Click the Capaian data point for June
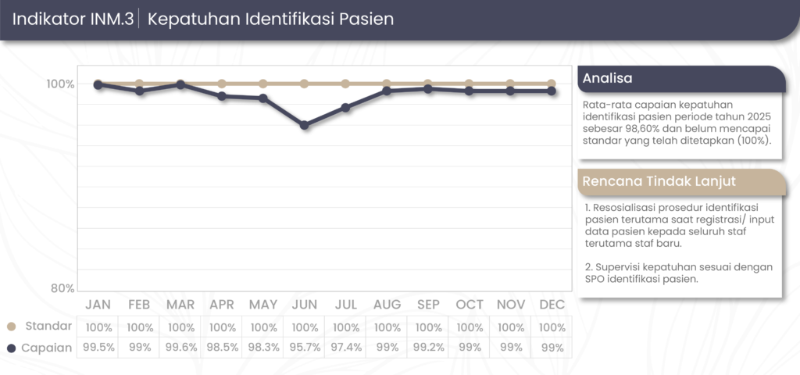point(305,125)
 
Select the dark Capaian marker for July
point(345,108)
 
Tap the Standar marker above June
point(305,84)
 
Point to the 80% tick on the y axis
point(62,288)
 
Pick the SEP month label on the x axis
point(428,304)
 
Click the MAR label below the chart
point(181,304)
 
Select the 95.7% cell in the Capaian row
point(305,348)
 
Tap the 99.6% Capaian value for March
point(181,348)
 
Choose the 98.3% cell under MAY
point(263,348)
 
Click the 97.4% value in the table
point(346,348)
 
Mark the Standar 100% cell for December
point(552,327)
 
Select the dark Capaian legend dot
point(12,348)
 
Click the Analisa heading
point(608,79)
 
